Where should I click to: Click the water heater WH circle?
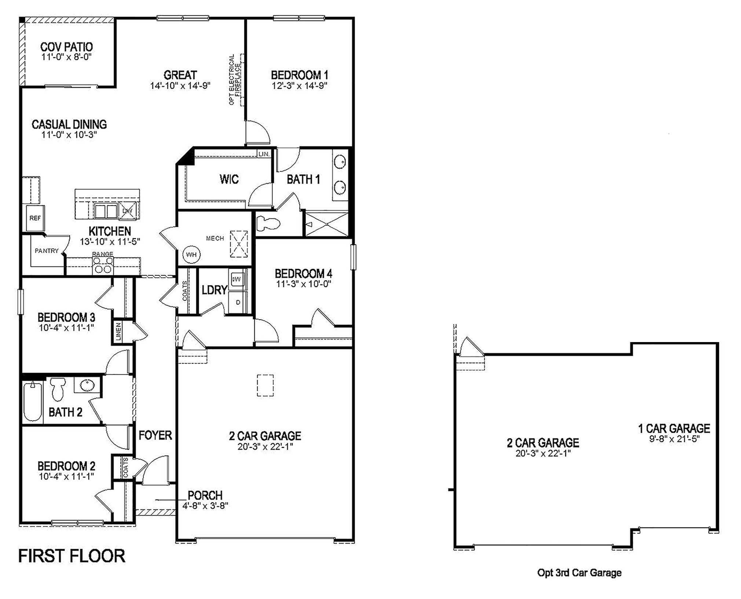click(191, 254)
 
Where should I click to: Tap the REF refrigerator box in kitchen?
click(35, 218)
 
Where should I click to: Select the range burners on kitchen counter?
click(103, 265)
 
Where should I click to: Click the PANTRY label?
click(47, 251)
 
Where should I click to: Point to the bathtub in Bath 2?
click(32, 401)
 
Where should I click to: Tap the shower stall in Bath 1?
click(326, 224)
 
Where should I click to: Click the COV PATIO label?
click(66, 47)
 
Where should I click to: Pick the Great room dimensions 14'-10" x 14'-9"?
click(180, 86)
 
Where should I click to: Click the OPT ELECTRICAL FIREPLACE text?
click(234, 80)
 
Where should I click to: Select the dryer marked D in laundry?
click(238, 302)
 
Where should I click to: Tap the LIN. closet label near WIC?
click(264, 154)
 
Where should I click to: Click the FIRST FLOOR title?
click(72, 556)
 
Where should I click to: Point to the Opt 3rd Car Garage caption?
click(579, 573)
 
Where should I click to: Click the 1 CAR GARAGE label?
click(674, 428)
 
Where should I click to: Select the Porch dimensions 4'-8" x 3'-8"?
click(205, 505)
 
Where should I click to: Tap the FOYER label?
click(155, 435)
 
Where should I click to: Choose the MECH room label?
click(215, 238)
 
